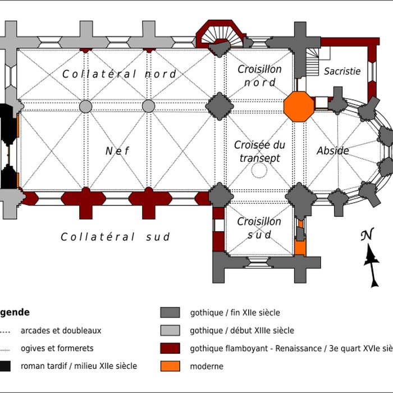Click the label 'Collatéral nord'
point(119,74)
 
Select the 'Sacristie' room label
point(342,71)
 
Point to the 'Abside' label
point(333,150)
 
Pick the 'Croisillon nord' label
point(259,76)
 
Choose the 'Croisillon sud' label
point(259,228)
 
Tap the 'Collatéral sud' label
point(115,237)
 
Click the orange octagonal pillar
point(298,106)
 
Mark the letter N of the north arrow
point(367,235)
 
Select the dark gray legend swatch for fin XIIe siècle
point(170,313)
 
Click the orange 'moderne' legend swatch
point(170,367)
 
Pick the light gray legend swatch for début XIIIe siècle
point(170,331)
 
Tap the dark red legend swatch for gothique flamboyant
point(170,349)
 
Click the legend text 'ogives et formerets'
point(57,348)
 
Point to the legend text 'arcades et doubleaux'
point(61,331)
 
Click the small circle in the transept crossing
point(259,170)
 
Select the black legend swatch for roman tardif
point(4,367)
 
